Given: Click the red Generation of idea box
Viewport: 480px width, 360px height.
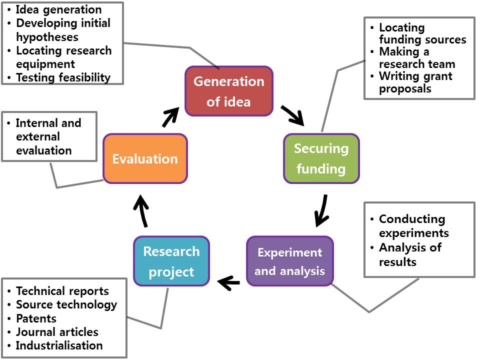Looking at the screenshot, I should [229, 91].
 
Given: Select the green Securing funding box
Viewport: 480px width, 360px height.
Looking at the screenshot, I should [321, 158].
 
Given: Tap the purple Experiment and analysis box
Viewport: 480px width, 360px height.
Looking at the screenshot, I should [289, 261].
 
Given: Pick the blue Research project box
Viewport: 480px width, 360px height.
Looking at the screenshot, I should [171, 261].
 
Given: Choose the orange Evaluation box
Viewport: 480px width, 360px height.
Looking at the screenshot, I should [145, 158].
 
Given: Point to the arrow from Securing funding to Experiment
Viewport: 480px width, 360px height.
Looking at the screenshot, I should [321, 210].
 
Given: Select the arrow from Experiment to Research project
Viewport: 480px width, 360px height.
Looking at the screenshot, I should [229, 283].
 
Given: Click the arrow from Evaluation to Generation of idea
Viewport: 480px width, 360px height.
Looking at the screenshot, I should [170, 116].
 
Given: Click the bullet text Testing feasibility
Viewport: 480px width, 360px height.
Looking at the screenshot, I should [63, 77].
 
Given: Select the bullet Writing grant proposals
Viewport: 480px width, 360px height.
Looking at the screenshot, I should [415, 82].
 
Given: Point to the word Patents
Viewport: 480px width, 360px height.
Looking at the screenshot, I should [36, 318].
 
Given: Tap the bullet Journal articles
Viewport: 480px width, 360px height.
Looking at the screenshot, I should [57, 332].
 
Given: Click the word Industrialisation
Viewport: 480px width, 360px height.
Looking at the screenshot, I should [59, 345].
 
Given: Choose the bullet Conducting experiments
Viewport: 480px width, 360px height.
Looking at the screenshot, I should [413, 226].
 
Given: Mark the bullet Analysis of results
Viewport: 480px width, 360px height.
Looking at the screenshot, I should [410, 254].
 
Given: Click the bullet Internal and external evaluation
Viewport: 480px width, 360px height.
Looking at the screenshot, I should [48, 136].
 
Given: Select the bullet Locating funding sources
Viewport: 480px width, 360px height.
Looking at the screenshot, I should [422, 33].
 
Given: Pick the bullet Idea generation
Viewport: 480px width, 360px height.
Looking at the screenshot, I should [58, 9].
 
